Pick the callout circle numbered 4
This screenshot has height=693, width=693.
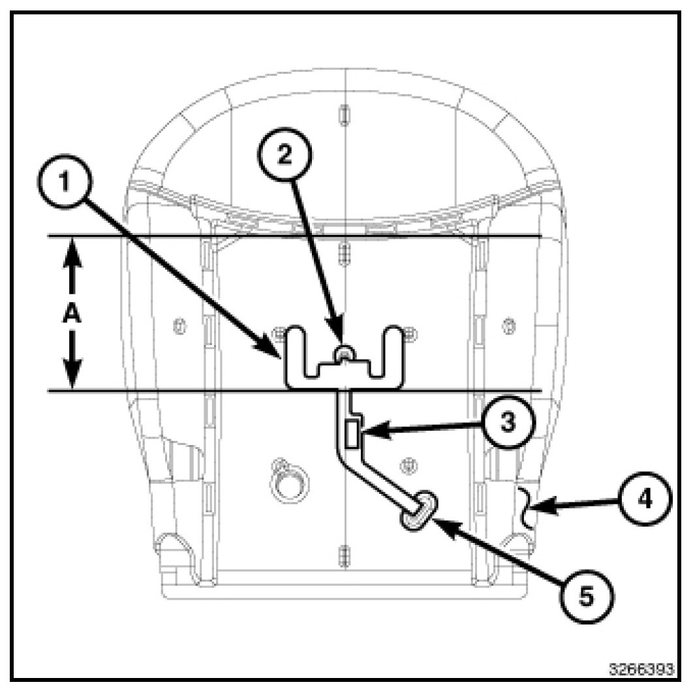click(x=643, y=500)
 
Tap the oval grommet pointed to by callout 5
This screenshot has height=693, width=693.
click(x=416, y=509)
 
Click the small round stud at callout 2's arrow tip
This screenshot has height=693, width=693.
click(x=342, y=353)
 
